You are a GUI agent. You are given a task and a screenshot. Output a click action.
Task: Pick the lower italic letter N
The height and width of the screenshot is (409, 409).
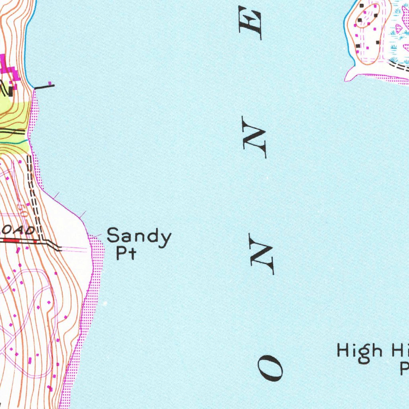tap(262, 254)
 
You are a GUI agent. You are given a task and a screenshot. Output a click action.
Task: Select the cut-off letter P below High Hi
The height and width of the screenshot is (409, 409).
tap(404, 368)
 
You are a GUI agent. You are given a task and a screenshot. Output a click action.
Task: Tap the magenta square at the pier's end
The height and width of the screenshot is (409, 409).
tap(50, 83)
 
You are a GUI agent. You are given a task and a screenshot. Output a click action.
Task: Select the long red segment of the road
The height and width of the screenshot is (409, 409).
tap(18, 240)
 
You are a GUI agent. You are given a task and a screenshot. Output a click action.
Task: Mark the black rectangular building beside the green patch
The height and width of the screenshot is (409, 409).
tap(10, 91)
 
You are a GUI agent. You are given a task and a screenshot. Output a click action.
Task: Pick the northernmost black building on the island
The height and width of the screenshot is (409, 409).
tap(362, 6)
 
